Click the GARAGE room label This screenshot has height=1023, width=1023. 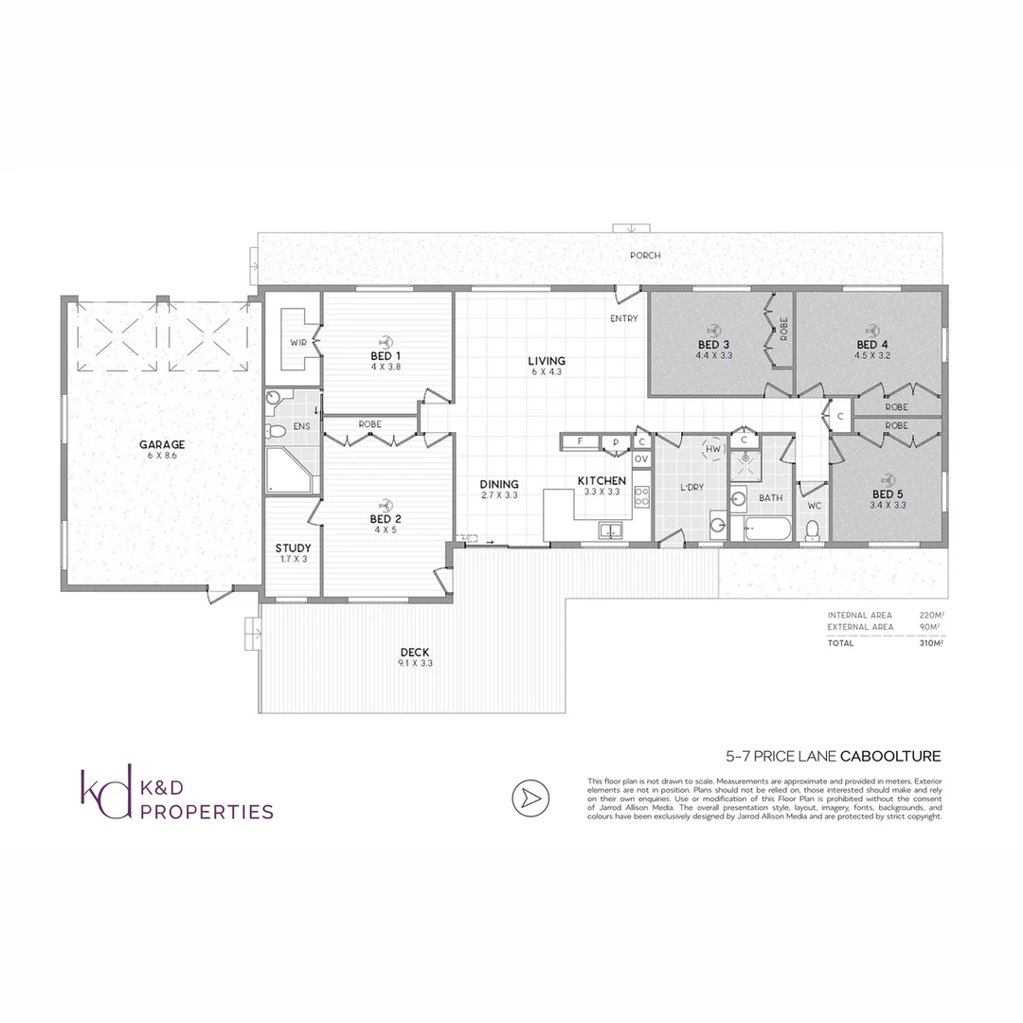pyautogui.click(x=162, y=444)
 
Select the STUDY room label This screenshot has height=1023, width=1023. pyautogui.click(x=293, y=548)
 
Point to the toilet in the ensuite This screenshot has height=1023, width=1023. pyautogui.click(x=278, y=431)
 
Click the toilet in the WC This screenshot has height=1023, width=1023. pyautogui.click(x=811, y=533)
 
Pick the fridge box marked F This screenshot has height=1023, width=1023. pyautogui.click(x=580, y=441)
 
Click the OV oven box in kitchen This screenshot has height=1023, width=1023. pyautogui.click(x=641, y=459)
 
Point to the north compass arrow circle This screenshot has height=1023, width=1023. pyautogui.click(x=531, y=799)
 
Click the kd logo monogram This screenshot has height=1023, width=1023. pyautogui.click(x=105, y=795)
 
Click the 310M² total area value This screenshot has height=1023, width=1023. pyautogui.click(x=929, y=643)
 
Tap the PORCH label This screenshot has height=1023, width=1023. pyautogui.click(x=646, y=256)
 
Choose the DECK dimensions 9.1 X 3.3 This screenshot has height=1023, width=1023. pyautogui.click(x=415, y=663)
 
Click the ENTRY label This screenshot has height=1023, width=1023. pyautogui.click(x=624, y=318)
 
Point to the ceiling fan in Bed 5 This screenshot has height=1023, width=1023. pyautogui.click(x=888, y=478)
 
